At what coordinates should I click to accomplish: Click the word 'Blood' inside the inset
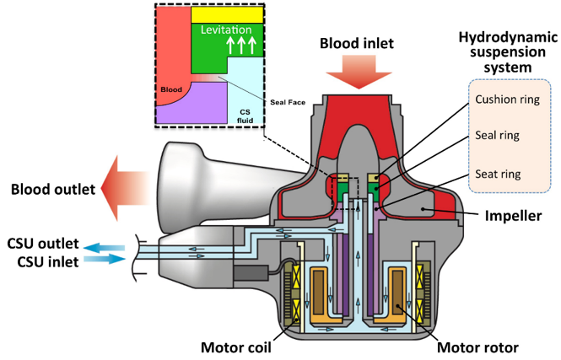(x=171, y=86)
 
